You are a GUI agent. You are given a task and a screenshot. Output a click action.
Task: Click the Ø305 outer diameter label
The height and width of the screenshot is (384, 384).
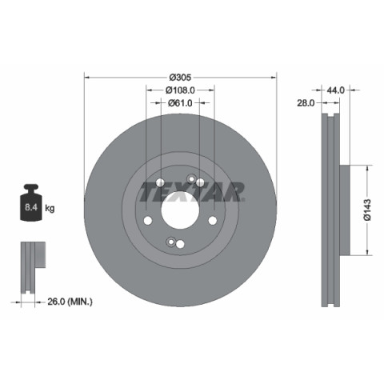(x=181, y=78)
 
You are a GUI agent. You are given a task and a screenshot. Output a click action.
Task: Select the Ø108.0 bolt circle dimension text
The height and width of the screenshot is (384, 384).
(x=180, y=90)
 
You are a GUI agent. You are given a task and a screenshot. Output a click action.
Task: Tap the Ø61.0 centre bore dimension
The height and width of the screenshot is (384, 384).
(x=180, y=103)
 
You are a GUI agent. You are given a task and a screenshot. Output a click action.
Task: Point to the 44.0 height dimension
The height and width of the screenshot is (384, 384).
(x=335, y=90)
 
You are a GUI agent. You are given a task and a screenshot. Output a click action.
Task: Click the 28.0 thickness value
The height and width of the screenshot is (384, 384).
(x=306, y=103)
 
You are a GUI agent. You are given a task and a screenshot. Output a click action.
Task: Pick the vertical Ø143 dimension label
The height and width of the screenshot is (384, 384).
(x=368, y=210)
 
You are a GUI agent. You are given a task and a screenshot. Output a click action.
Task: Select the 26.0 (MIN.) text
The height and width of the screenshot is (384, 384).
(x=70, y=302)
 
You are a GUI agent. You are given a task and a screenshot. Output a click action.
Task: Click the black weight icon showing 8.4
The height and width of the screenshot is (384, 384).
(x=31, y=202)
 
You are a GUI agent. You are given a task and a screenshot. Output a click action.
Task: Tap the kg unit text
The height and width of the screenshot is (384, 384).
(x=50, y=207)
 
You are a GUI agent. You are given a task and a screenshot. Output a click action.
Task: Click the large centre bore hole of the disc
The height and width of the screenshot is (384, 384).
(x=180, y=210)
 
